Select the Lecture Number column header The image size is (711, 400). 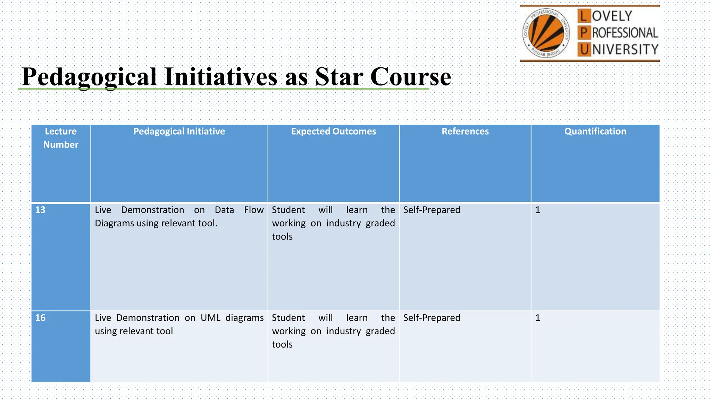pyautogui.click(x=61, y=138)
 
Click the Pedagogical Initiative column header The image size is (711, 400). pyautogui.click(x=179, y=131)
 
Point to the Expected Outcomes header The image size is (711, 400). pyautogui.click(x=333, y=131)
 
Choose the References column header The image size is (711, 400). pyautogui.click(x=465, y=131)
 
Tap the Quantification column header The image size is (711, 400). pyautogui.click(x=595, y=131)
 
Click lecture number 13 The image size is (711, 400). pyautogui.click(x=40, y=210)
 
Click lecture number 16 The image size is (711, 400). pyautogui.click(x=40, y=318)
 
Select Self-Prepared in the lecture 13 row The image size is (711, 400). pyautogui.click(x=432, y=210)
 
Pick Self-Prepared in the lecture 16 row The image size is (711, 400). pyautogui.click(x=432, y=318)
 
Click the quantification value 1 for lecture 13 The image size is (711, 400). pyautogui.click(x=537, y=210)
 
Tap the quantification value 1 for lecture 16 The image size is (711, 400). pyautogui.click(x=537, y=318)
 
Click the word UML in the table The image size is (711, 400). pyautogui.click(x=210, y=318)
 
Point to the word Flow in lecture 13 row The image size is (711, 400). pyautogui.click(x=254, y=210)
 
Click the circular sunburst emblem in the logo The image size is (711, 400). pyautogui.click(x=546, y=33)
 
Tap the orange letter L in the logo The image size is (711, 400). pyautogui.click(x=584, y=16)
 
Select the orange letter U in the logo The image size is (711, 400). pyautogui.click(x=584, y=50)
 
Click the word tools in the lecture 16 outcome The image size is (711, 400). pyautogui.click(x=282, y=344)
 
